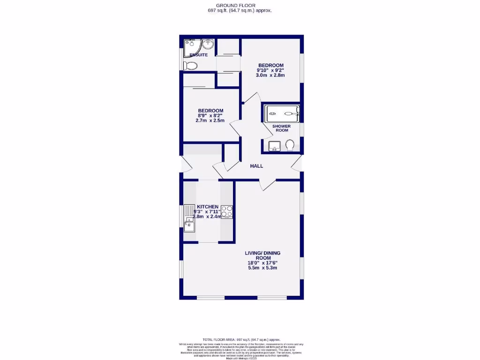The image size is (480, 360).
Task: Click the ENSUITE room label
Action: pos(199,55)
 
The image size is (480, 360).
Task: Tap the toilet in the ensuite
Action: pos(190,65)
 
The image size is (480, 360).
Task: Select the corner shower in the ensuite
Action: pos(191,46)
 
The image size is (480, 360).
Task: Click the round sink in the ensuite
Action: pos(208,45)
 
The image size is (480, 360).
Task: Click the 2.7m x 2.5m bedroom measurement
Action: pos(210,120)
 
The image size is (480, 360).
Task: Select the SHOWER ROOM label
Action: pos(282,128)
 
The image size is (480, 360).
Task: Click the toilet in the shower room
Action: pos(290,145)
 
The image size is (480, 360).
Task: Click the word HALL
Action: pos(256,166)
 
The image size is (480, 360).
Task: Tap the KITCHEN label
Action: pos(208,207)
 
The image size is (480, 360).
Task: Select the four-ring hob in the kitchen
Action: pos(227,212)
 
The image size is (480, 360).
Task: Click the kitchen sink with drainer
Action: pos(189,219)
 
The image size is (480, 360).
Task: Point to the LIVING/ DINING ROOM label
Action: pos(262,255)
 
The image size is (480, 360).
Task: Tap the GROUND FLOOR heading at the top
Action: pos(240,5)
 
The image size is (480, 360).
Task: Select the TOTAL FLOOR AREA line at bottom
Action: pos(241,339)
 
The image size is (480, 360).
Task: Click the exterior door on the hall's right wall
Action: pos(296,164)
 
